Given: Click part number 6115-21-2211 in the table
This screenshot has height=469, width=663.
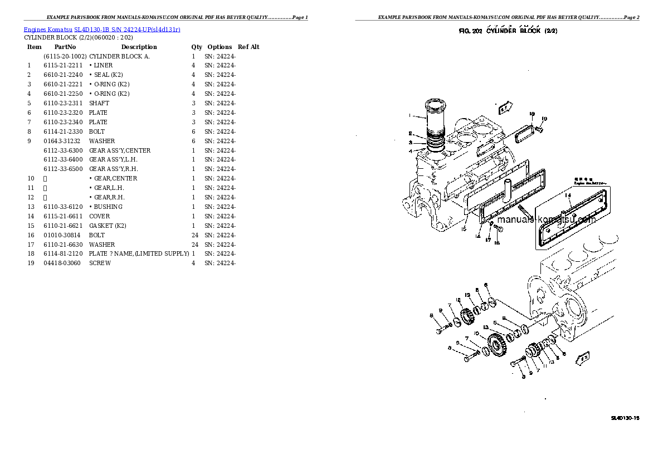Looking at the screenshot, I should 63,65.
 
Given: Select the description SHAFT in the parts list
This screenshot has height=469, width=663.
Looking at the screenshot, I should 99,103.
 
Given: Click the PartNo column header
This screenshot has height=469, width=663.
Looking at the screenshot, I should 65,47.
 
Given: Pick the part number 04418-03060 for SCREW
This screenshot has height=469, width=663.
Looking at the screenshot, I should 62,263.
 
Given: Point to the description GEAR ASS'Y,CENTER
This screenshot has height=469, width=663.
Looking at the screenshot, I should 120,150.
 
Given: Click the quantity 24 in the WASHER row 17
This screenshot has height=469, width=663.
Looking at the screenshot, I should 194,245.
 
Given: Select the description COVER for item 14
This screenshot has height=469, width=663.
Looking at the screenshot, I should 99,216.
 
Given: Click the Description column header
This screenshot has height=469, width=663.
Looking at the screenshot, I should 139,47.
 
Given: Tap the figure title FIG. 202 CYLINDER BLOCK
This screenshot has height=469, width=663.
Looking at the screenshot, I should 508,31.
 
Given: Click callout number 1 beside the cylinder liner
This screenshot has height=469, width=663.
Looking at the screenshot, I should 409,116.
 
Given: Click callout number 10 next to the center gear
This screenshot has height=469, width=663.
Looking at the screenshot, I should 475,334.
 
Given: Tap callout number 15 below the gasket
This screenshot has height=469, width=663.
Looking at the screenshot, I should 464,228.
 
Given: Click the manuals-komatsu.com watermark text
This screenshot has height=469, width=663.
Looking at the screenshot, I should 545,219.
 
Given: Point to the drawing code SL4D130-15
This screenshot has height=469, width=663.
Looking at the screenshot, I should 625,418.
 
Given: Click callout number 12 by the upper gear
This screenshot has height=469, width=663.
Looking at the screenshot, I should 459,301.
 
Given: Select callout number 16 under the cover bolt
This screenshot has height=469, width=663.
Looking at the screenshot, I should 497,243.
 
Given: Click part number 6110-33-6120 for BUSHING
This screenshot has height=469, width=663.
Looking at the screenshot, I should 63,207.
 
